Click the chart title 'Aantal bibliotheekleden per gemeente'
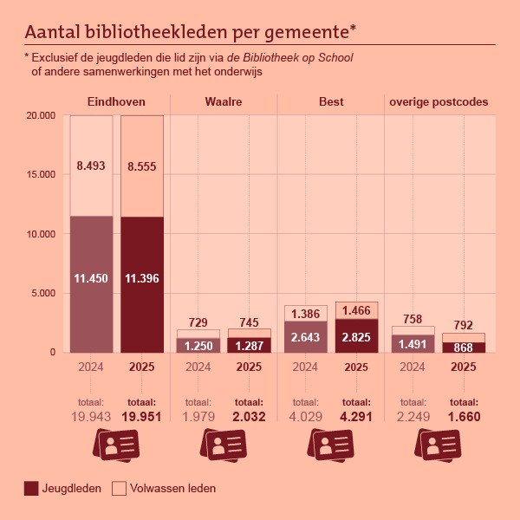tap(191, 32)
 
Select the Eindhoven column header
tap(116, 101)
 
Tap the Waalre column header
tap(223, 101)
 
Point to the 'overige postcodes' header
tap(439, 101)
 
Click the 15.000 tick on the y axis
tap(41, 174)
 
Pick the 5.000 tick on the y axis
tap(43, 293)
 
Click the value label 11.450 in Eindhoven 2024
tap(91, 278)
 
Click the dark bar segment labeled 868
tap(464, 348)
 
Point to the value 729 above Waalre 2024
tap(198, 322)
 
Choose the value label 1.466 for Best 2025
tap(356, 309)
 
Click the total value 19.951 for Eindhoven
tap(141, 417)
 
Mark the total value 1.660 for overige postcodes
tap(463, 417)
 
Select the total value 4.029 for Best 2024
tap(304, 417)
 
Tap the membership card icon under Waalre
tap(223, 446)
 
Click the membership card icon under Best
tap(330, 446)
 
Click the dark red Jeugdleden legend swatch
tap(32, 489)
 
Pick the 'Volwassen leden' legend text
tap(172, 489)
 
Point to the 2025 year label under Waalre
tap(249, 367)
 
